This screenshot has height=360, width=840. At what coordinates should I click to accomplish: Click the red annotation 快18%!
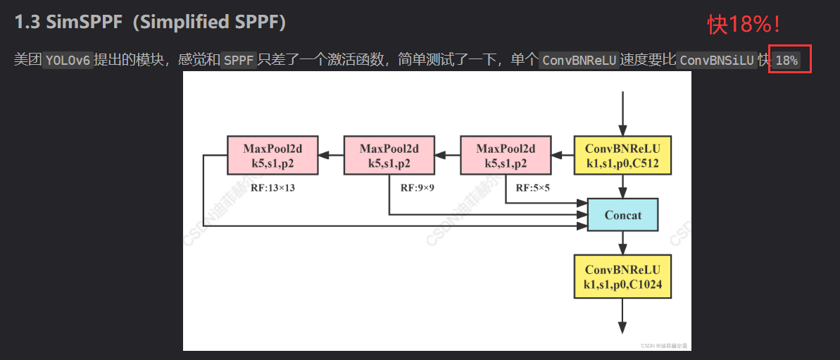pos(744,25)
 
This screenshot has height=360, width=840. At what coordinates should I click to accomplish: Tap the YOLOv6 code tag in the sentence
pos(68,61)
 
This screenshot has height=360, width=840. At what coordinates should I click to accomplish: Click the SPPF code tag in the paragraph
pos(239,61)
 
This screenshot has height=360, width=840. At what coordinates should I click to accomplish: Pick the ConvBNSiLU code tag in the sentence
pos(715,61)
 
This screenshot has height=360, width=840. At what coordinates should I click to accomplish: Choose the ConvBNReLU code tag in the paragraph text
pos(579,61)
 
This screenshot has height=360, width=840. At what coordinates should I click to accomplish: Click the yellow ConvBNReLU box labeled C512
pos(622,156)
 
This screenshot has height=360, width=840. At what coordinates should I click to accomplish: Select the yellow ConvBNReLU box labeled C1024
pos(622,277)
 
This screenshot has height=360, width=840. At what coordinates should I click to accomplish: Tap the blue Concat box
pos(622,215)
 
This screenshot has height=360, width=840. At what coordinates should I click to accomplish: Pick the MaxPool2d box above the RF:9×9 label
pos(389,156)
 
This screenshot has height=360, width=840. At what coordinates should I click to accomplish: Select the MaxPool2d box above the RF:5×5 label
pos(506,156)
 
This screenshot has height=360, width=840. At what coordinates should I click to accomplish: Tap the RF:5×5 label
pos(534,188)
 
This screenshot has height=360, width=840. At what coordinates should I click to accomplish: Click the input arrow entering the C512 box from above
pos(622,113)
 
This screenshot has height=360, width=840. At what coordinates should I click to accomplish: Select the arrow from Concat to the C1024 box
pos(622,243)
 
